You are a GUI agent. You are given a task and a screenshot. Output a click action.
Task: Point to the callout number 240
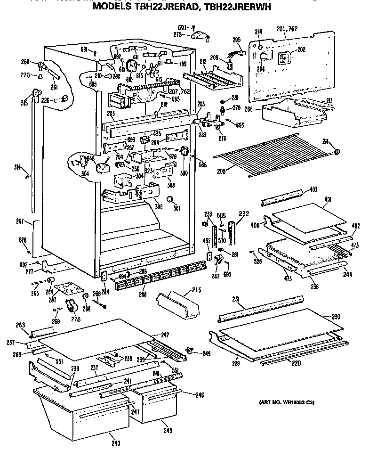[116, 442]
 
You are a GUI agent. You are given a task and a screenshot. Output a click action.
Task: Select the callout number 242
[165, 335]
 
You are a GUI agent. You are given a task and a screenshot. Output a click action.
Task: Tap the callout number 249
[206, 353]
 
